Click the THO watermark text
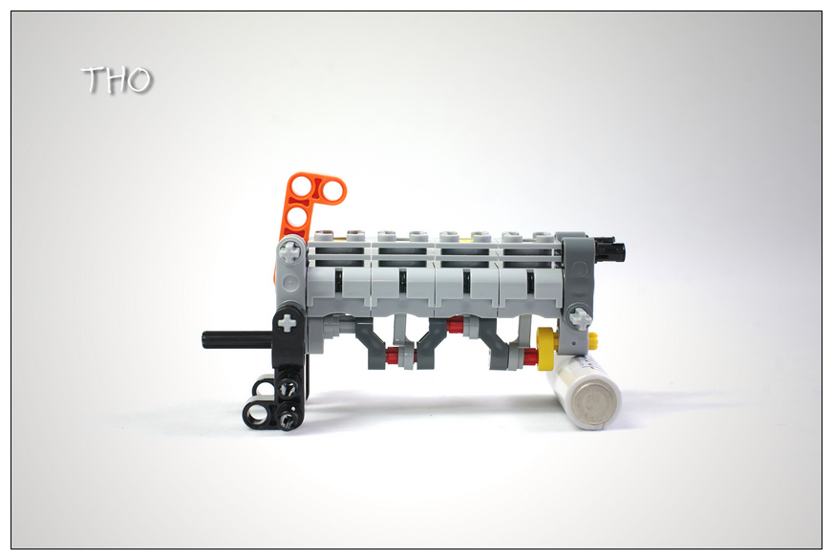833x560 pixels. [x=117, y=80]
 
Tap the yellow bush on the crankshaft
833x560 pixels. [x=547, y=348]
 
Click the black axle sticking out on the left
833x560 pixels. [x=238, y=339]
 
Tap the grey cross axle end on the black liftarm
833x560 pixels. [x=287, y=322]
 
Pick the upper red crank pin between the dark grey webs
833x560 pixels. [x=455, y=325]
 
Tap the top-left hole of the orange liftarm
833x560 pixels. [x=301, y=186]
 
